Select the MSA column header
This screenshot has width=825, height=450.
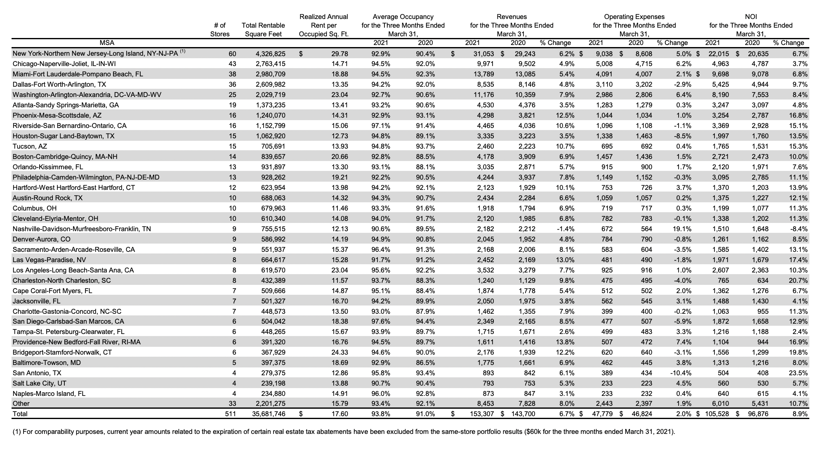[x=107, y=43]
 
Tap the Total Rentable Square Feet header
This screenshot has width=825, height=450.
[x=263, y=29]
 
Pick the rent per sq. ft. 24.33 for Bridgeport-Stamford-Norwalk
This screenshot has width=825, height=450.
[x=340, y=352]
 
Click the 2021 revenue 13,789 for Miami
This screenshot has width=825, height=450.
[x=482, y=74]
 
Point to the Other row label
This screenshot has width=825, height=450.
[x=21, y=403]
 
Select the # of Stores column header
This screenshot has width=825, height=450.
[x=219, y=29]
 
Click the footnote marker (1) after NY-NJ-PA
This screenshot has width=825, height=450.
[x=182, y=52]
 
